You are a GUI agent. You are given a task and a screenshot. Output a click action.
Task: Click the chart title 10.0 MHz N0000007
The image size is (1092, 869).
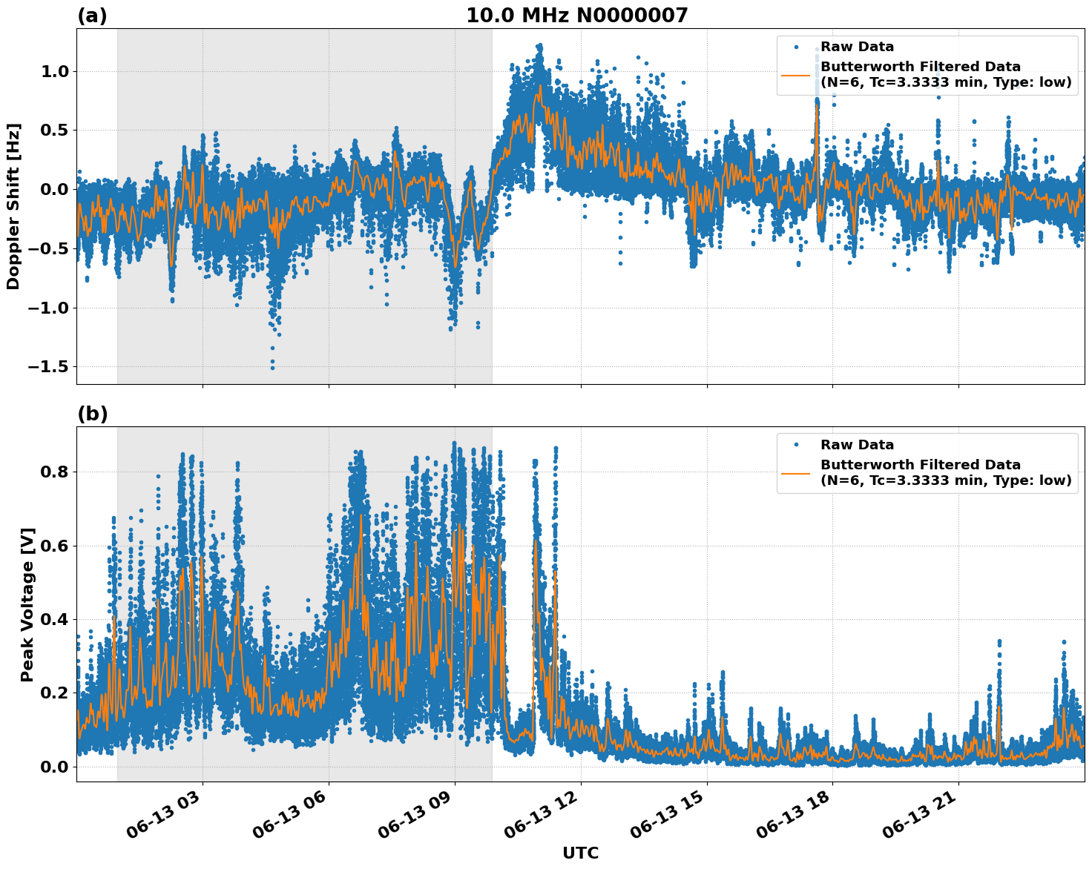(x=576, y=16)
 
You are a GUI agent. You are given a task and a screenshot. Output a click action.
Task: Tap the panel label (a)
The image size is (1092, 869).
(x=92, y=16)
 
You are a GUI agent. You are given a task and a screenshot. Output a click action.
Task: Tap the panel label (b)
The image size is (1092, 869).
(x=93, y=414)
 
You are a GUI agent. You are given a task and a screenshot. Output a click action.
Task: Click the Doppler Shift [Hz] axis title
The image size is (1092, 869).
(x=13, y=206)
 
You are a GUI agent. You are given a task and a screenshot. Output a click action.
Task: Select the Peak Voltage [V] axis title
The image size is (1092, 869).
(x=27, y=604)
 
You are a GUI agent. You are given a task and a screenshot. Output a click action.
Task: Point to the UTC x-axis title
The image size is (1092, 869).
(x=580, y=853)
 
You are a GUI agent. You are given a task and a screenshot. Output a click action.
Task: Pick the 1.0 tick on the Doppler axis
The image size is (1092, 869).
(x=55, y=72)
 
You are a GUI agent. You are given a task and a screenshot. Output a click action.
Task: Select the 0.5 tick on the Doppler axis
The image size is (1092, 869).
(x=55, y=130)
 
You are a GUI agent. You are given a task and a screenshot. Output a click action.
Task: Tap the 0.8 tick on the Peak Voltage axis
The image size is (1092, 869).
(x=55, y=472)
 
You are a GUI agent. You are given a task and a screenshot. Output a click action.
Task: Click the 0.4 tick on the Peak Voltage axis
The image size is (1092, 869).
(x=55, y=619)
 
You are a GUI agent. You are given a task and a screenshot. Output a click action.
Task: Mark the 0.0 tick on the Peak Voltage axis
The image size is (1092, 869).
(x=55, y=767)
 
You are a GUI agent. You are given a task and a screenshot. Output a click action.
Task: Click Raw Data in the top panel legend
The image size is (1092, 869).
(x=857, y=47)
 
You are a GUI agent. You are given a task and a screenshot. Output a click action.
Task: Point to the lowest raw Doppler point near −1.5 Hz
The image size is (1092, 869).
(x=272, y=368)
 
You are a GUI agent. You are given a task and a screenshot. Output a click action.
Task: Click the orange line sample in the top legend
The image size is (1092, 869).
(x=796, y=74)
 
